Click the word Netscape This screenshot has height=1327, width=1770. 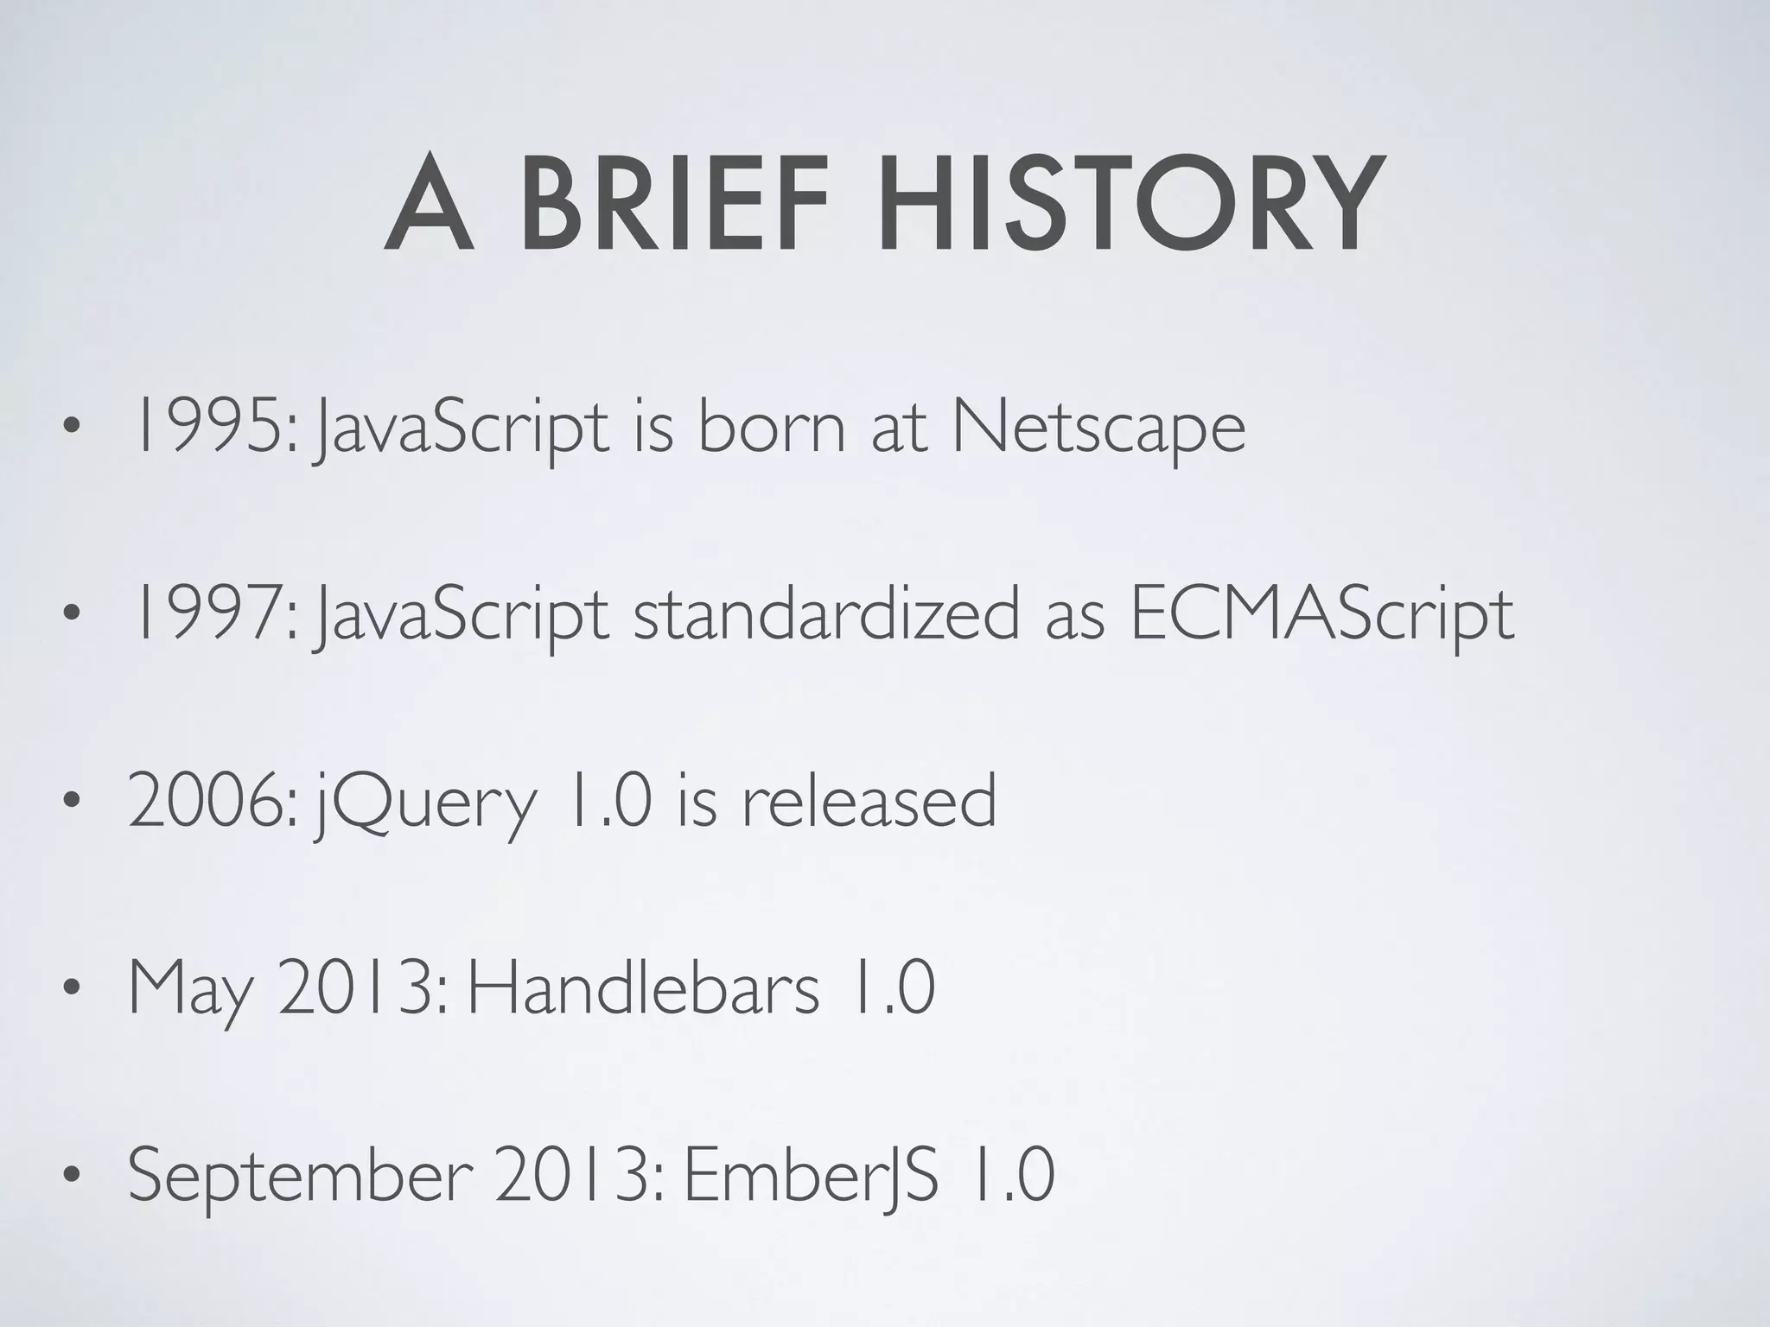point(1098,429)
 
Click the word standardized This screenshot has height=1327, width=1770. point(826,614)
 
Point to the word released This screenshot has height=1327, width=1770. point(869,801)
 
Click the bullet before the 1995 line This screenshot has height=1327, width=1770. point(72,429)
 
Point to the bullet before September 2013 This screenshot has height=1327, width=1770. point(72,1176)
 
